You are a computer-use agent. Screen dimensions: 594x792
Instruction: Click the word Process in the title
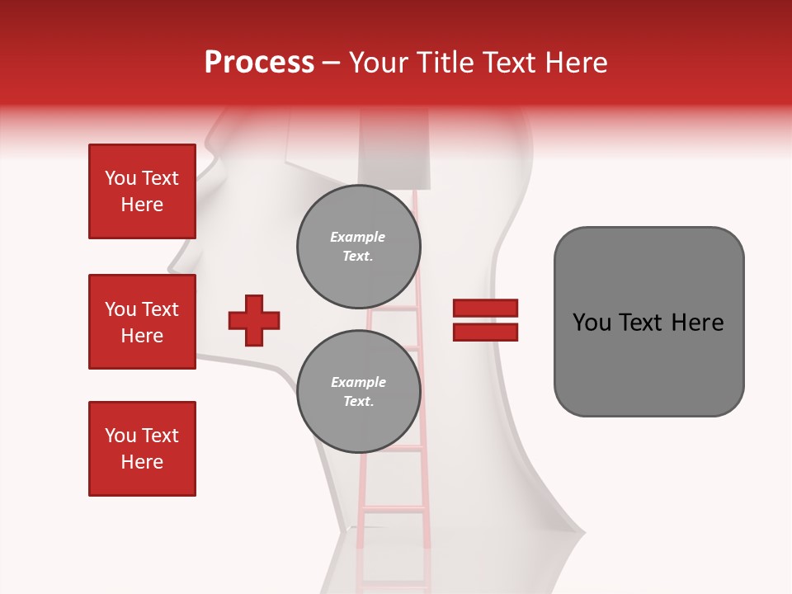coord(259,63)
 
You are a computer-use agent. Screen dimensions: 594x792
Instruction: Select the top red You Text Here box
coord(142,191)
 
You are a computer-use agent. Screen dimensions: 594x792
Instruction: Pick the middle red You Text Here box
coord(142,322)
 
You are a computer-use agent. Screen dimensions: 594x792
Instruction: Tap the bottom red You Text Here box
coord(142,449)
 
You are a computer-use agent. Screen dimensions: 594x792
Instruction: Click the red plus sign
coord(254,320)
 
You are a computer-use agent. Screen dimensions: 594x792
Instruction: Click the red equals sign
coord(485,320)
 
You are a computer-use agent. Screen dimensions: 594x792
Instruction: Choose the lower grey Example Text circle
coord(359,392)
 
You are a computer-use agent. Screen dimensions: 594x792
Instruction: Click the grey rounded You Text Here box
coord(648,322)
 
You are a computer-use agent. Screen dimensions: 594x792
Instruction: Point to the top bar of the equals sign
coord(485,309)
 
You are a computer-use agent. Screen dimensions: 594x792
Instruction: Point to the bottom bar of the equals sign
coord(485,332)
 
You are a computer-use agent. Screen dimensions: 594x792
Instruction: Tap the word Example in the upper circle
coord(358,237)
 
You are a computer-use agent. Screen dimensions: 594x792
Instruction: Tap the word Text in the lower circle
coord(358,402)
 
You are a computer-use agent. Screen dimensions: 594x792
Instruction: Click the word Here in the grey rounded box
coord(698,323)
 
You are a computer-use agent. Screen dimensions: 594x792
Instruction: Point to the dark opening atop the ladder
coord(394,157)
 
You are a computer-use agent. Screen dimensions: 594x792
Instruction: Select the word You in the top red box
coord(120,178)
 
